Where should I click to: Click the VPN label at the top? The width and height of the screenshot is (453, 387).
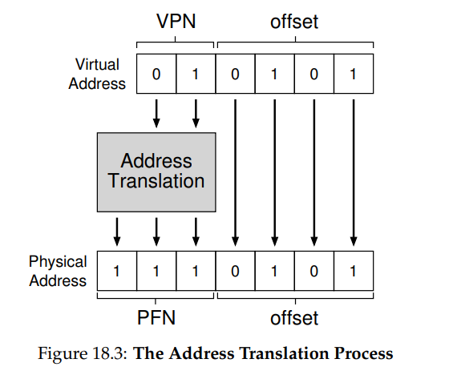tap(176, 22)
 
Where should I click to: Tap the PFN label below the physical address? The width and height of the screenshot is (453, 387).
tap(156, 317)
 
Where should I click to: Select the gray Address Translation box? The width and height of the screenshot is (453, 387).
tap(156, 172)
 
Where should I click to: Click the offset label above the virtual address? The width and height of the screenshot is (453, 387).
tap(294, 22)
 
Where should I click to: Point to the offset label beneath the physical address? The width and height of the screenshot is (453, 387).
tap(294, 317)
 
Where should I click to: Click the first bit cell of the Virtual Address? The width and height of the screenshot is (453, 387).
tap(156, 74)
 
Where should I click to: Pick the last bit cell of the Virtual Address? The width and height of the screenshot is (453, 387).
tap(354, 74)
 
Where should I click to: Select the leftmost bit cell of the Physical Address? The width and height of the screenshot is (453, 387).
tap(117, 271)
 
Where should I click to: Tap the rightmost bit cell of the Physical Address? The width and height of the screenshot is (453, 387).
tap(354, 271)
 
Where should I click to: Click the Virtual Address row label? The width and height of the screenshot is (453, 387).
tap(97, 74)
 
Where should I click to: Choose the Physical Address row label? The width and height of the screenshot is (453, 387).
tap(58, 271)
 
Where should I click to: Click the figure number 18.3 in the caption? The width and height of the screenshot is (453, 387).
tap(107, 353)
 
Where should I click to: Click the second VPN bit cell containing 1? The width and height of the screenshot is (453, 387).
tap(196, 74)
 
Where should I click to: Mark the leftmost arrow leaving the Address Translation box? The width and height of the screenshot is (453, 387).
tap(117, 232)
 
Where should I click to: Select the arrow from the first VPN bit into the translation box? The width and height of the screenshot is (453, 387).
tap(156, 114)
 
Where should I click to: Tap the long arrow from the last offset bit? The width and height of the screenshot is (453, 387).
tap(354, 173)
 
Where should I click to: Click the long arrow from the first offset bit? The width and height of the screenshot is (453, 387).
tap(235, 173)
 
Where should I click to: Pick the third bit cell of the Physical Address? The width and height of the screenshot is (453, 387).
tap(196, 271)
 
